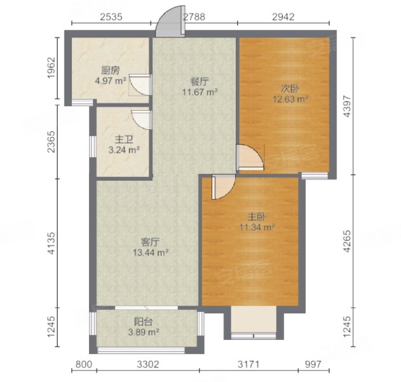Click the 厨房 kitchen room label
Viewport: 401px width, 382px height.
point(110,70)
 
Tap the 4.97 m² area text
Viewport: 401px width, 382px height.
point(111,81)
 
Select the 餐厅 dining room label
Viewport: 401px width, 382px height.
point(200,81)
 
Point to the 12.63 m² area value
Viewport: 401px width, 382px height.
point(290,99)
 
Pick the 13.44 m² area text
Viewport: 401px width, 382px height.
point(151,253)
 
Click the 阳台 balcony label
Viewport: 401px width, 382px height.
point(144,322)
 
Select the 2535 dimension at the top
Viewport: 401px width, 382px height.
point(111,17)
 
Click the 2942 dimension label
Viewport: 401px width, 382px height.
point(283,17)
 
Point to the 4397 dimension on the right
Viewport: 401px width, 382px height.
point(347,106)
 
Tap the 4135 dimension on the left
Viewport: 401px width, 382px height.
point(51,243)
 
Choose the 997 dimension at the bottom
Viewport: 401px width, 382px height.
point(312,364)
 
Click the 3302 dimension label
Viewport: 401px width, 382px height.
point(148,364)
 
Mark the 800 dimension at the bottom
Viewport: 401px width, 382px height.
point(84,364)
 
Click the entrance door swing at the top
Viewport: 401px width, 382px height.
point(170,21)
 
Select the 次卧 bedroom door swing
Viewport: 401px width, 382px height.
point(250,157)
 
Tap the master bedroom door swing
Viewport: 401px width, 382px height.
point(224,187)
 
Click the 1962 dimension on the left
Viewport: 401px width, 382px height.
point(51,68)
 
